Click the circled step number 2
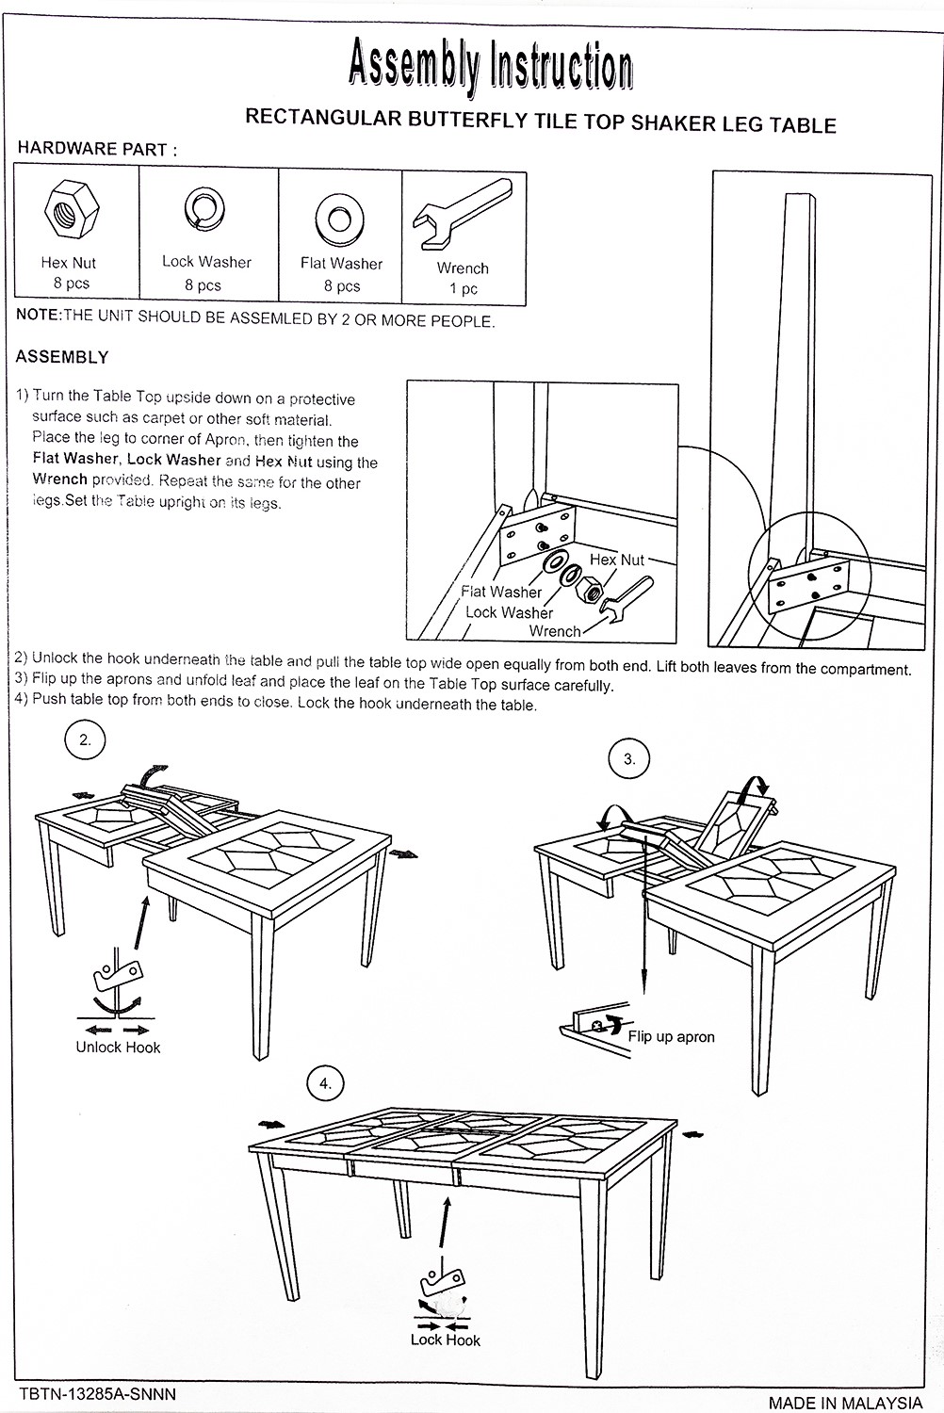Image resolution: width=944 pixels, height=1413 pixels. click(x=85, y=740)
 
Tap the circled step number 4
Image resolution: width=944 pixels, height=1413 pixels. click(x=326, y=1084)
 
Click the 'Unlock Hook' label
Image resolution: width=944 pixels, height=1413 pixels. click(x=118, y=1048)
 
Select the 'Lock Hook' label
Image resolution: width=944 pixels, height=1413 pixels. click(x=446, y=1340)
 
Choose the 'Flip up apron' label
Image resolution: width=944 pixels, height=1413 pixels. click(x=671, y=1037)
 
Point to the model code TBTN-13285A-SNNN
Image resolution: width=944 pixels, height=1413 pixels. click(x=97, y=1392)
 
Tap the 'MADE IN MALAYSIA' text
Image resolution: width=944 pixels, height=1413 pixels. click(x=845, y=1402)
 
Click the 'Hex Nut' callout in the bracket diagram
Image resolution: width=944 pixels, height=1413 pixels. click(x=617, y=560)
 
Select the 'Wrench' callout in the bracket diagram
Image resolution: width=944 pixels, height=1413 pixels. click(x=554, y=631)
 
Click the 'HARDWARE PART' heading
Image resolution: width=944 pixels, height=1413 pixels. click(x=97, y=149)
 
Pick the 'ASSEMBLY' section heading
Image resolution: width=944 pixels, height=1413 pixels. click(x=62, y=358)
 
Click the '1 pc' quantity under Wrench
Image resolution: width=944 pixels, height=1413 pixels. click(x=463, y=289)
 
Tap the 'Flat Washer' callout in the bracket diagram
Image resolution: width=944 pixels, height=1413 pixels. click(x=501, y=592)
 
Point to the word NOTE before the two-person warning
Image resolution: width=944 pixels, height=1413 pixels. click(x=38, y=316)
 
